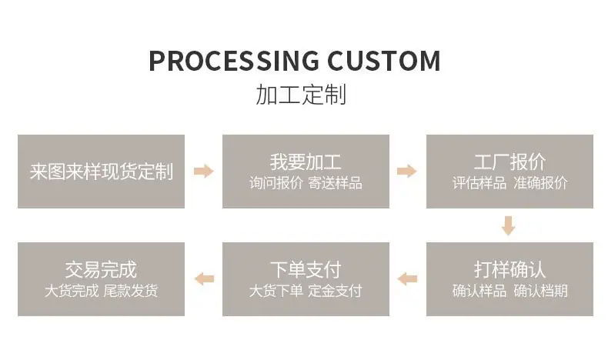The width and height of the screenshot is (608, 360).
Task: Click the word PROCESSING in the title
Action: [234, 61]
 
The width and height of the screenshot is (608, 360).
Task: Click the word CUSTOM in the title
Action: [384, 61]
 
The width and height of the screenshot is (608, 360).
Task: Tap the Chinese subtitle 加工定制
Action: [301, 95]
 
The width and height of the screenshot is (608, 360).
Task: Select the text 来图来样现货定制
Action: [101, 172]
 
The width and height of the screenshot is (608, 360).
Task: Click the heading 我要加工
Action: [306, 162]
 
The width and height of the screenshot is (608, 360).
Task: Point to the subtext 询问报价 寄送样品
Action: [306, 183]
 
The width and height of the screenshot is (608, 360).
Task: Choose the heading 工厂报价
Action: [509, 162]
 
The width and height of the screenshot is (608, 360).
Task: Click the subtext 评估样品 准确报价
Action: [509, 183]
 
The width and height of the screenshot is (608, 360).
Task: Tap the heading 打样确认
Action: [509, 270]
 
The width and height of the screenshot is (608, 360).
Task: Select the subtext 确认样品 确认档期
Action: [509, 291]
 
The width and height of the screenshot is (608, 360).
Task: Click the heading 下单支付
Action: [306, 270]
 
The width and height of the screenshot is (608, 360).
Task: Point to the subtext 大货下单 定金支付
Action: [306, 291]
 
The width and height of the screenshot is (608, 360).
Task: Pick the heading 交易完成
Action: [101, 270]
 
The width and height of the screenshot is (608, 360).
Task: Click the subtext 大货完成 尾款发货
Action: [101, 291]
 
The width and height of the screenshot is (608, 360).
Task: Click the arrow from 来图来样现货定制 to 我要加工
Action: [204, 171]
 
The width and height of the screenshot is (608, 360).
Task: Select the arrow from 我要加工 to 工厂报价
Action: [407, 171]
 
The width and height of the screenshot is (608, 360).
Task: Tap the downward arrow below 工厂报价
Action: [509, 225]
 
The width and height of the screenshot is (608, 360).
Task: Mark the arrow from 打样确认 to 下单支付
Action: [407, 279]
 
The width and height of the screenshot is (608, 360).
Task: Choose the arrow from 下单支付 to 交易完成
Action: [204, 279]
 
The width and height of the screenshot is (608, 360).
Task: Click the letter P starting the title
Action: [157, 62]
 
